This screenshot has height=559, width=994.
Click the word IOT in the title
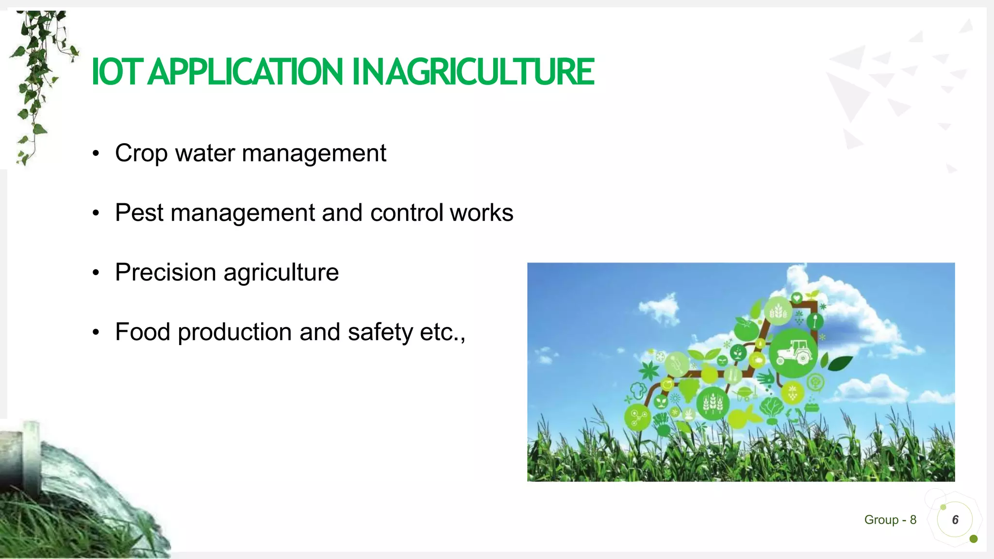pos(117,72)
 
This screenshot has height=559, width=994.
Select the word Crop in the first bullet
pos(141,154)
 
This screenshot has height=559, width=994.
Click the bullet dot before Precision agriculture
pos(96,273)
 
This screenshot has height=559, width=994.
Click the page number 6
pos(955,520)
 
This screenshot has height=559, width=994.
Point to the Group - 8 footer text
pos(890,520)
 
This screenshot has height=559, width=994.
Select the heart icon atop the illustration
pos(796,297)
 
